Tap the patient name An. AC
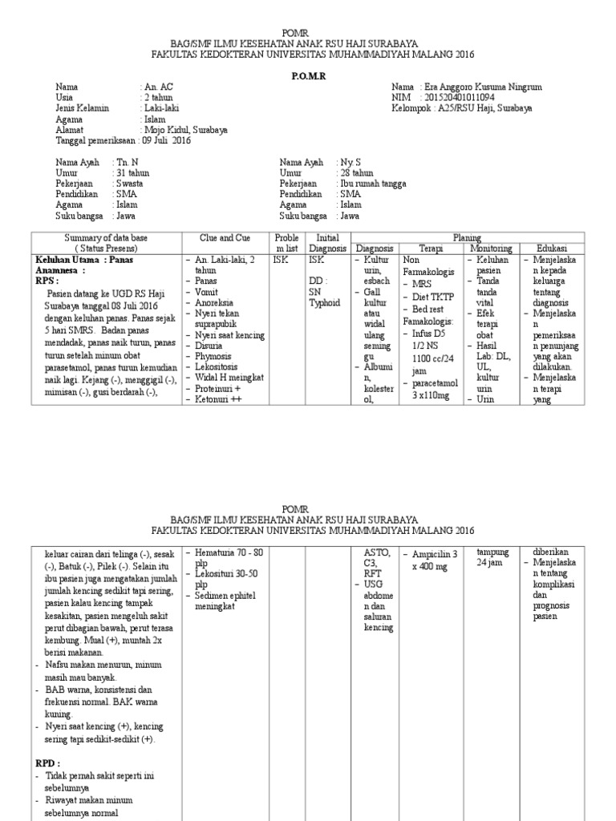tap(158, 86)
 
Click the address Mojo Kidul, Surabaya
tap(186, 129)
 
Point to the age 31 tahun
tap(133, 172)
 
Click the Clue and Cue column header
tap(225, 238)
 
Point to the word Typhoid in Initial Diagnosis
tap(325, 304)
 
